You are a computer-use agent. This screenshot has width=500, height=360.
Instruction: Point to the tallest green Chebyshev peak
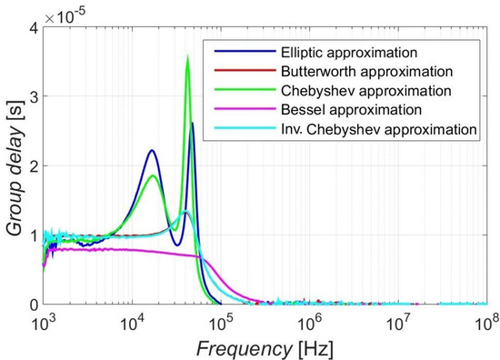[187, 57]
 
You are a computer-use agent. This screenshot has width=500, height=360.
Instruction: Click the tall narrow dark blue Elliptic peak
[192, 124]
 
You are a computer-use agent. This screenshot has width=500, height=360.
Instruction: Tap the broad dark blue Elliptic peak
[152, 151]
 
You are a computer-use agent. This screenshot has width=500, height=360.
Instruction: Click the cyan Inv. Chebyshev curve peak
[185, 212]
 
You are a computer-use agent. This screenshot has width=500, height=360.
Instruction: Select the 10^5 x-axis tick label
[220, 321]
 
